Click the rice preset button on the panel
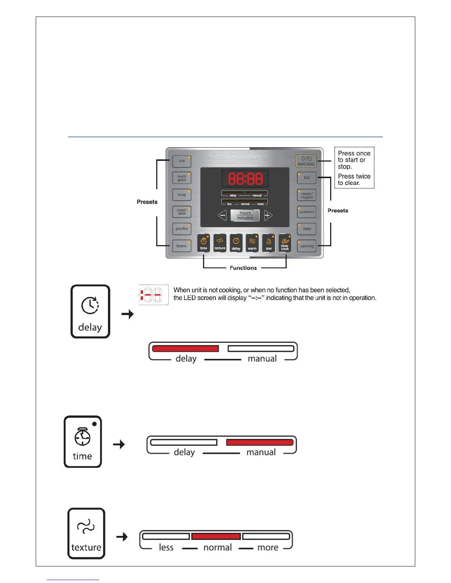tap(182, 161)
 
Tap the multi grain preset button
tap(182, 178)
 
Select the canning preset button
tap(307, 246)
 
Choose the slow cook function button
tap(285, 243)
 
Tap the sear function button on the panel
tap(269, 243)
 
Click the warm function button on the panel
tap(252, 243)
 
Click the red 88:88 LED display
tap(245, 179)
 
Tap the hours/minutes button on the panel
tap(245, 215)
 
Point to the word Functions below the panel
tap(243, 268)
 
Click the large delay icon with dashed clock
tap(90, 311)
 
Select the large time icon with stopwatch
tap(83, 442)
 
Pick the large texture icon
tap(86, 533)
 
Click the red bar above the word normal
tap(216, 536)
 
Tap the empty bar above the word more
tap(266, 536)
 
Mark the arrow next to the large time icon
tap(119, 444)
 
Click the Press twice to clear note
tap(354, 180)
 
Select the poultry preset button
tap(182, 229)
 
